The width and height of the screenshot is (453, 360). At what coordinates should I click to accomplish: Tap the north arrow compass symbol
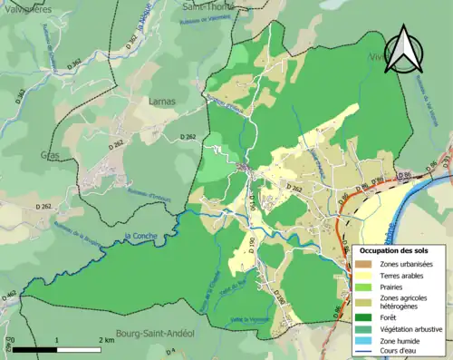pyautogui.click(x=402, y=49)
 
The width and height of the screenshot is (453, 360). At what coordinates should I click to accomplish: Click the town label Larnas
pyautogui.click(x=161, y=102)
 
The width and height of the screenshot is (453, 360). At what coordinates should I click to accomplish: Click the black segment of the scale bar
pyautogui.click(x=35, y=348)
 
